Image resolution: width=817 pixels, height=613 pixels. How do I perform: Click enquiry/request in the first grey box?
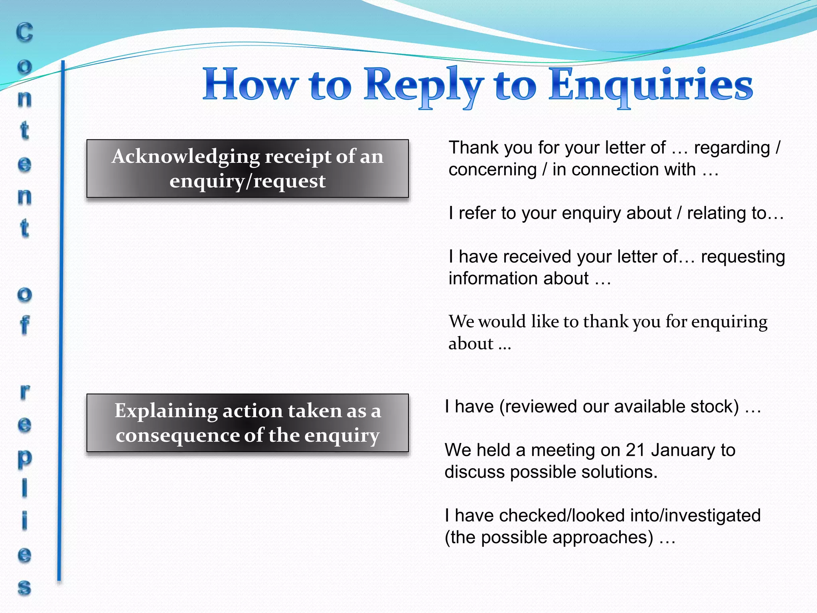pos(247,181)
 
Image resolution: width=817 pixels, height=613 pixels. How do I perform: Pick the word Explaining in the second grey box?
pos(166,411)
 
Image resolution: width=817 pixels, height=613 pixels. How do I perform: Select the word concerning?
pos(492,170)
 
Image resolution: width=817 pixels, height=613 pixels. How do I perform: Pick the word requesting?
pos(742,257)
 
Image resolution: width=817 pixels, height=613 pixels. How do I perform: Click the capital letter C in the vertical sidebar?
pos(24,33)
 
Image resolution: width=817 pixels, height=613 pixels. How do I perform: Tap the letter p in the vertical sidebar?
pos(24,459)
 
